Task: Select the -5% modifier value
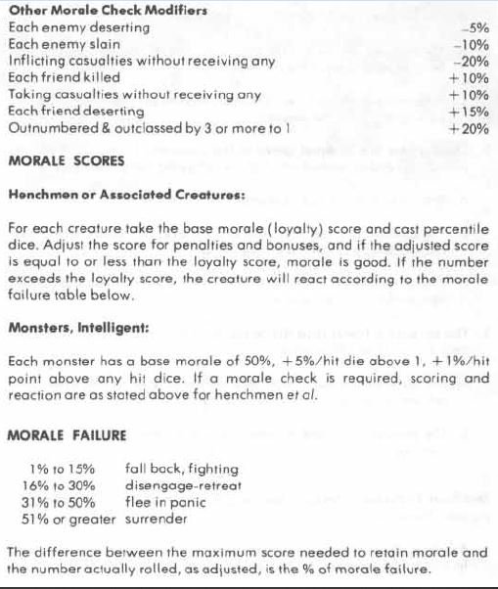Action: [474, 28]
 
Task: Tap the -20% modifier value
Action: [471, 62]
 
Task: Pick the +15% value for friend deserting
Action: [469, 112]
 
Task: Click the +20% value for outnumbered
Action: [469, 128]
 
